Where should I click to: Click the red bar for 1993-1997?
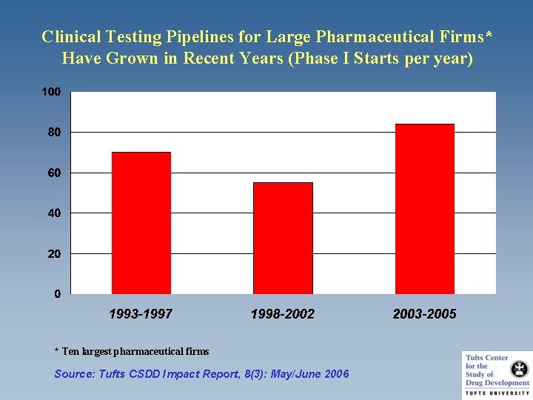click(141, 223)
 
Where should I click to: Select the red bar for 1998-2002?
click(283, 238)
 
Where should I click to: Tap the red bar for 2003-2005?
click(424, 209)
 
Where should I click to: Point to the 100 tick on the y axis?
click(51, 92)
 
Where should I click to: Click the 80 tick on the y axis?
click(54, 133)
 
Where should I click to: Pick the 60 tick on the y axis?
click(54, 173)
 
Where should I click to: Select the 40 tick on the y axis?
click(54, 213)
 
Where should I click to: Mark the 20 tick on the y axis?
click(54, 254)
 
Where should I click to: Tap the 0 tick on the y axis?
click(57, 294)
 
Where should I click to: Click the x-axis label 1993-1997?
click(141, 314)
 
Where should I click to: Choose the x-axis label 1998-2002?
click(283, 314)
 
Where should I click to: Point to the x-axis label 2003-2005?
click(424, 314)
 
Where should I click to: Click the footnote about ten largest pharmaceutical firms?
click(132, 351)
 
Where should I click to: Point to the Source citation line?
click(201, 374)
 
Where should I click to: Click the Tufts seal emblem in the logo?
click(519, 367)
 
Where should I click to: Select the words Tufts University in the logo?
click(497, 392)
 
